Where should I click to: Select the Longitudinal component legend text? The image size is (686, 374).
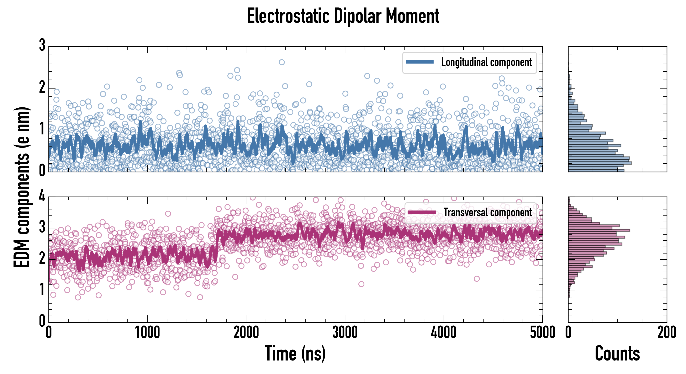pyautogui.click(x=486, y=62)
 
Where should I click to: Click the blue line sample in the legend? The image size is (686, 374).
pyautogui.click(x=419, y=62)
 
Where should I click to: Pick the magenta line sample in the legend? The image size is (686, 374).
pyautogui.click(x=422, y=212)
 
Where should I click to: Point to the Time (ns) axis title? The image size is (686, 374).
pyautogui.click(x=295, y=353)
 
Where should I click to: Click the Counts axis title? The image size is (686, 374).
pyautogui.click(x=617, y=353)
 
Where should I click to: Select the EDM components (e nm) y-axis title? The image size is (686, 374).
pyautogui.click(x=22, y=187)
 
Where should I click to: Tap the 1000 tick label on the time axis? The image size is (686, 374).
pyautogui.click(x=147, y=333)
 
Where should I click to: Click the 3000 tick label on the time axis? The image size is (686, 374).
pyautogui.click(x=345, y=333)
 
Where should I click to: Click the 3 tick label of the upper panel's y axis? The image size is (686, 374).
pyautogui.click(x=42, y=45)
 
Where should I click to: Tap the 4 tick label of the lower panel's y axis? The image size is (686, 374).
pyautogui.click(x=42, y=196)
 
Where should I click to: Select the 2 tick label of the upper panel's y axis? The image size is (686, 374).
pyautogui.click(x=42, y=87)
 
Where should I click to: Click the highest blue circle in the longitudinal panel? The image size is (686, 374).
pyautogui.click(x=281, y=62)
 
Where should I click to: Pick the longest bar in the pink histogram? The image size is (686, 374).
pyautogui.click(x=599, y=230)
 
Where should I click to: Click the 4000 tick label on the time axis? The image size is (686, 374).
pyautogui.click(x=444, y=333)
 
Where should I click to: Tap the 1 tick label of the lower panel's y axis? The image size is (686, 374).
pyautogui.click(x=42, y=290)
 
